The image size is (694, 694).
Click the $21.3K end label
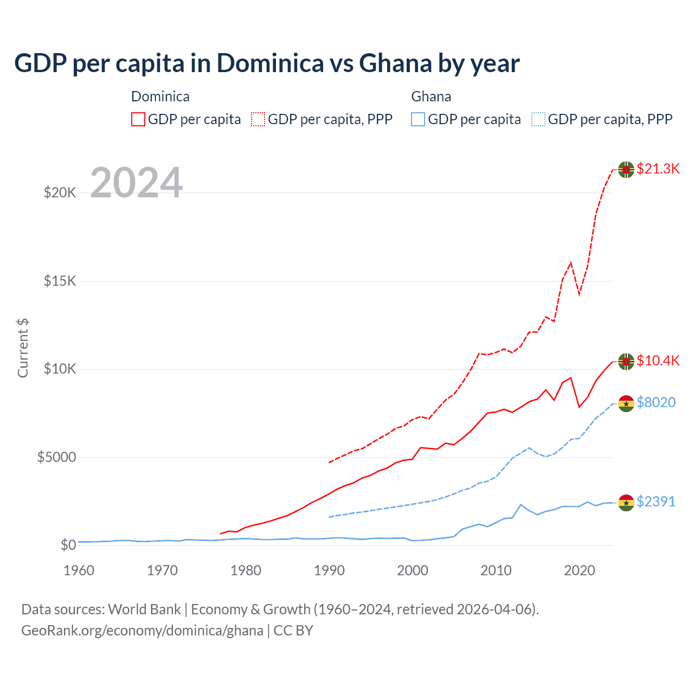658,169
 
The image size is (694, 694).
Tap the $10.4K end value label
658,361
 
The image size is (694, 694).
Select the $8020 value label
656,402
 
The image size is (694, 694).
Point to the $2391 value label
656,502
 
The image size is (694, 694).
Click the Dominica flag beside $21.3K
626,170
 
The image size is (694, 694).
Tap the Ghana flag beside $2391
626,503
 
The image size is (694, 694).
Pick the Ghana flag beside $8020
626,403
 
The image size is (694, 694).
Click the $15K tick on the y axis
60,281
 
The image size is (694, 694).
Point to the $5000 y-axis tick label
56,457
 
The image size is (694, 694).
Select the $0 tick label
68,545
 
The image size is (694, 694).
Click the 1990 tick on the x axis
329,570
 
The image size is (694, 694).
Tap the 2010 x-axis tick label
496,570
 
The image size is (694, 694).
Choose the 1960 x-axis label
79,570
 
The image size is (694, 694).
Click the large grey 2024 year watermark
136,183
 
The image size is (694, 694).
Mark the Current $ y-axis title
23,348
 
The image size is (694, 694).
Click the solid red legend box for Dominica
138,119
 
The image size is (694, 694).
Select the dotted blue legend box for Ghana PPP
538,119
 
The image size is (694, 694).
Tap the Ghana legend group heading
431,97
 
